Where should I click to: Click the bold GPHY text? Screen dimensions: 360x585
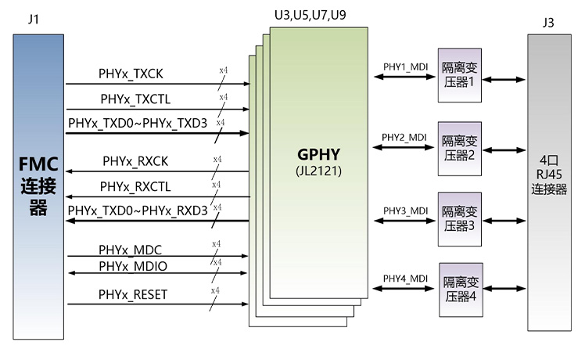click(x=318, y=153)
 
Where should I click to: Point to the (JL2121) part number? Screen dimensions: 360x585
click(x=318, y=169)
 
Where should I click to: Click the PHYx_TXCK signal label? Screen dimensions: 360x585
click(x=131, y=75)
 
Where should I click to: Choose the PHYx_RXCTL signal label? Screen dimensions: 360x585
click(x=135, y=186)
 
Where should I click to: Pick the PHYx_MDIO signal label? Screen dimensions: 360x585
click(x=133, y=266)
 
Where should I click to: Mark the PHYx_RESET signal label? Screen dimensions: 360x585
click(x=133, y=294)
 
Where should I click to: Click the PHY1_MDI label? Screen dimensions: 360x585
click(x=405, y=67)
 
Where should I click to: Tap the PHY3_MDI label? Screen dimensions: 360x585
click(x=405, y=211)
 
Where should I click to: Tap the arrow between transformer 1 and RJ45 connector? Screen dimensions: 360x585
click(x=503, y=78)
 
